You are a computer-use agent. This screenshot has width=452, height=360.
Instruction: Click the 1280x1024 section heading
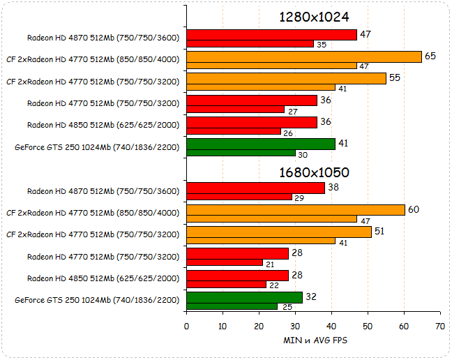(314, 17)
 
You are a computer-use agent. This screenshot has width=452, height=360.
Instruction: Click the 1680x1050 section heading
(314, 172)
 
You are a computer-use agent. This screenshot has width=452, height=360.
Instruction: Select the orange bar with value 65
(304, 57)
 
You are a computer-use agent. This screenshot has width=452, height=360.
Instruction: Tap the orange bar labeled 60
(296, 209)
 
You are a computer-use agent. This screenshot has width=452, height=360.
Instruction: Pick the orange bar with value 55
(286, 78)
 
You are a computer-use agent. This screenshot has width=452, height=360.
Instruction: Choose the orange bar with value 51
(279, 231)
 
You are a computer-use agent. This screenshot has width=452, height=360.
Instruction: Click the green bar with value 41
(261, 144)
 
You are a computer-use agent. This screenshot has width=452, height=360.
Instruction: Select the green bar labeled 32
(244, 297)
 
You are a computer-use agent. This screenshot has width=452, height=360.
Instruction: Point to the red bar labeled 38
(255, 188)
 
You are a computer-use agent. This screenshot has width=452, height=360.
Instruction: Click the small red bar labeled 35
(250, 44)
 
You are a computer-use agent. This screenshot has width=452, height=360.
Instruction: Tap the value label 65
(430, 55)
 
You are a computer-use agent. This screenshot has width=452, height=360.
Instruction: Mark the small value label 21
(270, 263)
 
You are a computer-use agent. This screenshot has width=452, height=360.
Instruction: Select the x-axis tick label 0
(186, 326)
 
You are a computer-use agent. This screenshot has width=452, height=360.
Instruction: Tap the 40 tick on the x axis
(331, 326)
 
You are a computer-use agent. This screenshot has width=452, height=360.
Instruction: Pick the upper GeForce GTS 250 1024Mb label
(97, 147)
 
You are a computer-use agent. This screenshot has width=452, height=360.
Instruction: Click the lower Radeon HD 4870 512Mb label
(103, 191)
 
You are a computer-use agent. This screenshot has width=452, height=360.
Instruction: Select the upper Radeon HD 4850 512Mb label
(103, 126)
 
